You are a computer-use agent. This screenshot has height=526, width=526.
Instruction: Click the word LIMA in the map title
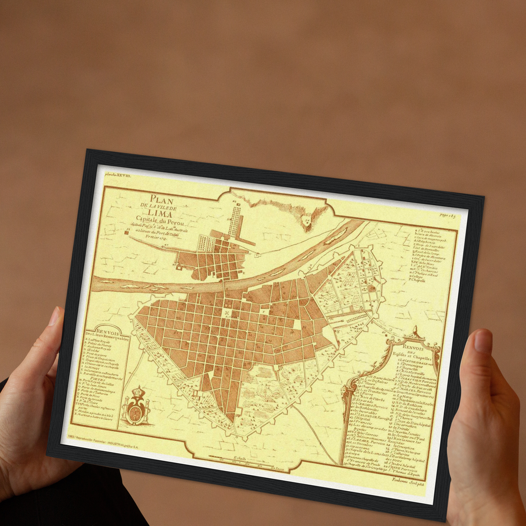pyautogui.click(x=160, y=214)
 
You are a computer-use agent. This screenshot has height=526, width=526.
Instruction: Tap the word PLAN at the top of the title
pyautogui.click(x=162, y=200)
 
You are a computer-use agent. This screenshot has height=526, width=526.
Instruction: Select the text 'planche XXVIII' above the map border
pyautogui.click(x=117, y=175)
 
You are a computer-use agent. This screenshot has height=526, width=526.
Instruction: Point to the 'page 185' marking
pyautogui.click(x=448, y=215)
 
